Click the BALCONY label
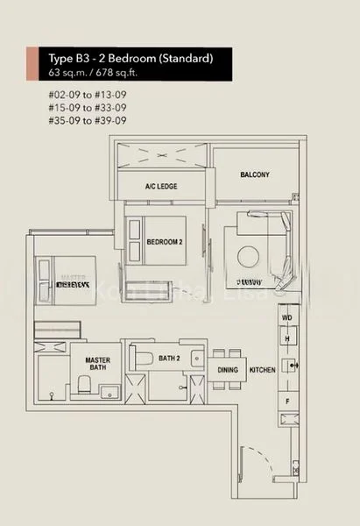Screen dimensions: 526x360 [x=255, y=174]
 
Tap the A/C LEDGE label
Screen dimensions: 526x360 [x=161, y=187]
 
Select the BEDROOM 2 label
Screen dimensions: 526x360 [x=164, y=242]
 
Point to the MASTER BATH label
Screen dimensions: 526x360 [x=96, y=365]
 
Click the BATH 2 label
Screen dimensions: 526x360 [x=168, y=357]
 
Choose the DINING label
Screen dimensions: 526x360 [x=227, y=370]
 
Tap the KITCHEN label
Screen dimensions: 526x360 [x=263, y=370]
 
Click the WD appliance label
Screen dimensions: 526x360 [x=286, y=318]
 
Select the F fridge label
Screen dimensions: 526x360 [x=286, y=400]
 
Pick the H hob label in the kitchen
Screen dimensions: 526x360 [x=286, y=338]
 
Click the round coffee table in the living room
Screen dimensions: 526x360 [x=249, y=255]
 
